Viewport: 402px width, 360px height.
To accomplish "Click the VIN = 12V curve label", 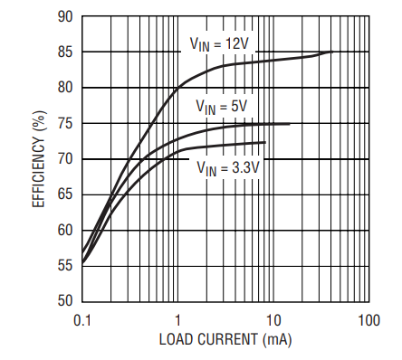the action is click(219, 44).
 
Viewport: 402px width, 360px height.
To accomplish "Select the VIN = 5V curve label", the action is click(222, 107).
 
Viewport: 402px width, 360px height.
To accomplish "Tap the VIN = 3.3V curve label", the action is click(228, 168).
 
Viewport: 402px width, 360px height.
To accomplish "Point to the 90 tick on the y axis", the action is click(65, 16).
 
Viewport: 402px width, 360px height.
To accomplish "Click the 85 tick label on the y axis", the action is click(65, 52).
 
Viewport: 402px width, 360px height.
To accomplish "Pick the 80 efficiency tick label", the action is click(65, 88).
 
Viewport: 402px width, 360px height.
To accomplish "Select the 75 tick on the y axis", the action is click(65, 123).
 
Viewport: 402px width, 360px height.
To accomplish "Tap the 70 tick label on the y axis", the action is click(65, 159).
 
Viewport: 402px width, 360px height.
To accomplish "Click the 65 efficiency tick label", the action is click(65, 194).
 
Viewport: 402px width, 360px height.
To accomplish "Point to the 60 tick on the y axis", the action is click(65, 231).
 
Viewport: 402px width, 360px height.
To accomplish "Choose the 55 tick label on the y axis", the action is click(65, 266).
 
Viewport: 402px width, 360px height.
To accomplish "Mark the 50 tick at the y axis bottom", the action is click(65, 301).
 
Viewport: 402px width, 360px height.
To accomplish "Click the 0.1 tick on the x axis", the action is click(82, 320).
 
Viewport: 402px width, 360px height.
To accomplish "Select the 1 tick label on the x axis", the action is click(177, 320).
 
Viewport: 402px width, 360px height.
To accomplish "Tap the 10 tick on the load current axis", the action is click(273, 320).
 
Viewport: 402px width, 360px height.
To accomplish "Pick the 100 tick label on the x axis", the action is click(368, 320).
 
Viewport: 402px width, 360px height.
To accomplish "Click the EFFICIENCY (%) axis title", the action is click(39, 159).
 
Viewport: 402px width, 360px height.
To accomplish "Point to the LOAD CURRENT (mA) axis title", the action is click(225, 340).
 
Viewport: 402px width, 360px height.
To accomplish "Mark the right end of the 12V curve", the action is click(332, 52).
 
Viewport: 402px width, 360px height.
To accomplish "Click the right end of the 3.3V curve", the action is click(265, 142).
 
